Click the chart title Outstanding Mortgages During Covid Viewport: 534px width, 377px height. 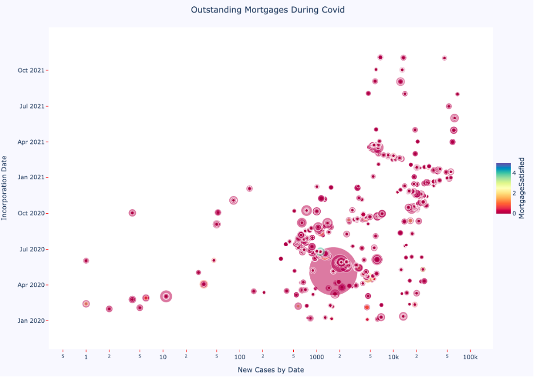[267, 10]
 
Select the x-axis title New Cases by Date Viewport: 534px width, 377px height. [270, 370]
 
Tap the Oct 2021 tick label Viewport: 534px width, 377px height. [30, 70]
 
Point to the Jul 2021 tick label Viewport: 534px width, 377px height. [31, 106]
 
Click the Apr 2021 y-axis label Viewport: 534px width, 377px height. [30, 142]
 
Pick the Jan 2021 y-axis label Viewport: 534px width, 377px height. [30, 177]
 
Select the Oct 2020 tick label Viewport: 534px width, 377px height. [30, 213]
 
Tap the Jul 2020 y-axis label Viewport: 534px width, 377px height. [31, 249]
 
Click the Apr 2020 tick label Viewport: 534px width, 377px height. [30, 284]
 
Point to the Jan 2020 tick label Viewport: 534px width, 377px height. [30, 320]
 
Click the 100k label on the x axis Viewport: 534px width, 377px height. [470, 357]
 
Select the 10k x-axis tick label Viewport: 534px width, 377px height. [393, 357]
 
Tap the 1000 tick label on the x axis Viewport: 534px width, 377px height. [317, 357]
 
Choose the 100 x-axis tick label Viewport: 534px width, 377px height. [240, 357]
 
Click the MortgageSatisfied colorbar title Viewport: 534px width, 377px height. [520, 188]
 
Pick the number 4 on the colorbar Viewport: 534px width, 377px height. [514, 173]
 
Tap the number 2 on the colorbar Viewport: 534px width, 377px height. [514, 193]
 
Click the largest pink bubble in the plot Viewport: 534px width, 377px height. [333, 271]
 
